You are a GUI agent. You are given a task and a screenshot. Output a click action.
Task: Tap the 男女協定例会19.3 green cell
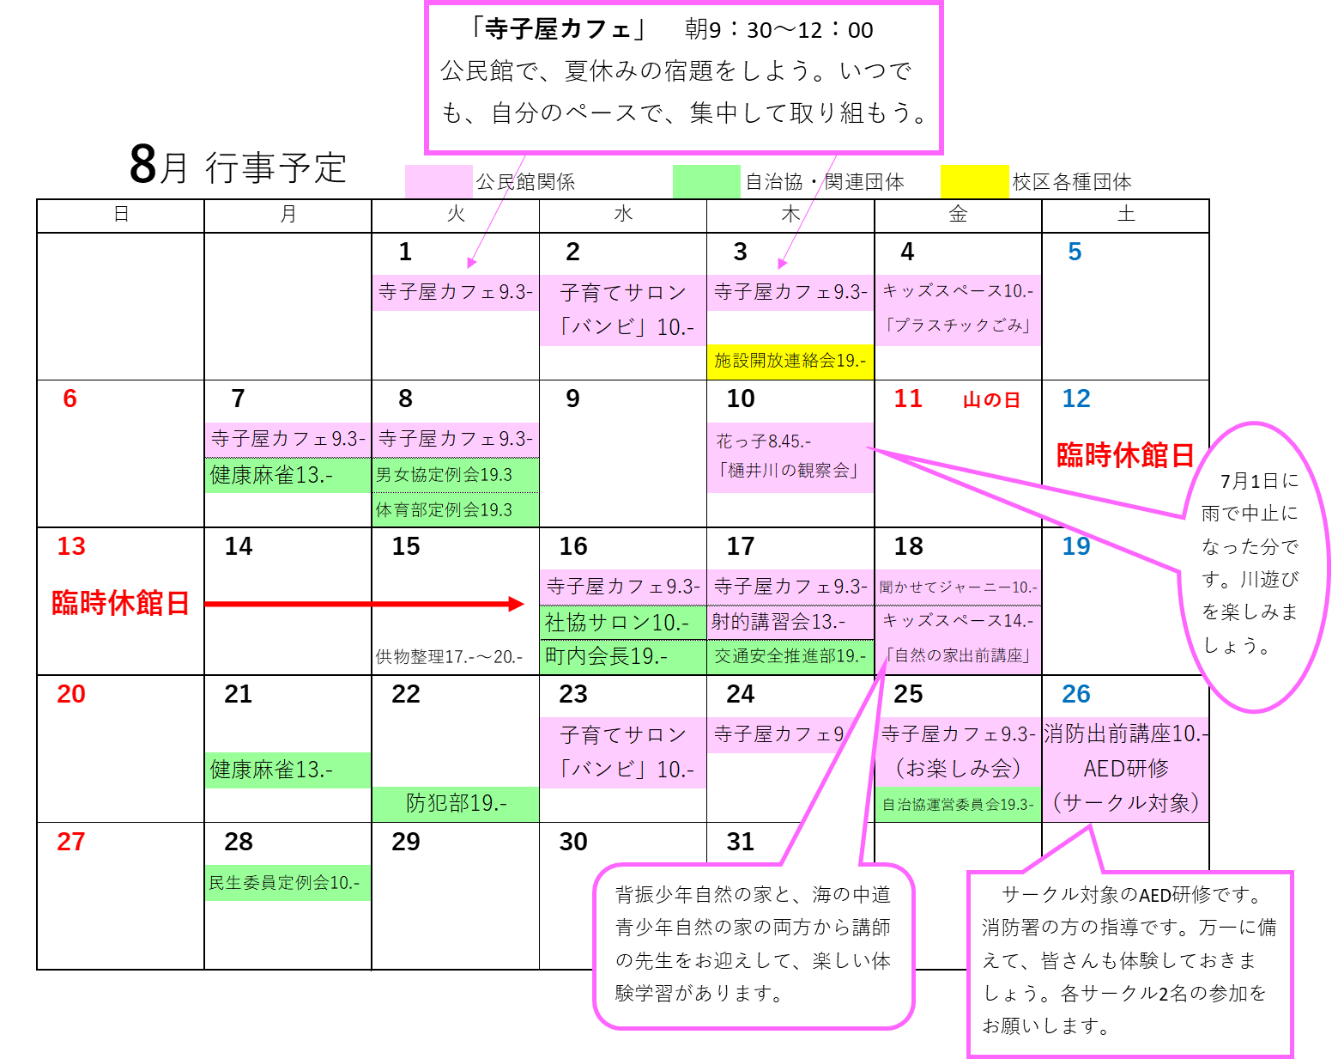click(455, 475)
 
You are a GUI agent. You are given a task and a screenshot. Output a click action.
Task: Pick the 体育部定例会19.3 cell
click(455, 509)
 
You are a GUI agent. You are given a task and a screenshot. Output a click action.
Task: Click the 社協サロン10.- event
click(622, 622)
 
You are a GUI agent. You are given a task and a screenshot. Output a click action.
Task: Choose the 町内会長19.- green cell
click(622, 656)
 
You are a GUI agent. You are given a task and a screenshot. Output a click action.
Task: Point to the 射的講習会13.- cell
click(790, 622)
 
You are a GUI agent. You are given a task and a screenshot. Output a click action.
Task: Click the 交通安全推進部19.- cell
click(790, 656)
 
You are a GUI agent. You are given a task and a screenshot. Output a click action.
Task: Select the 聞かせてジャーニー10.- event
click(958, 587)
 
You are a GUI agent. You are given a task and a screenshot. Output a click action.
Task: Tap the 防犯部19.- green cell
click(455, 804)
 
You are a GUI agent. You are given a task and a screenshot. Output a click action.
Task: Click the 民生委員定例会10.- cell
click(288, 883)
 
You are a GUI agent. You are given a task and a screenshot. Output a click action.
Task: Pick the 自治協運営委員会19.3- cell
click(958, 805)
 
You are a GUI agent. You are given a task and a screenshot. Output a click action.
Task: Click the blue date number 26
click(1075, 694)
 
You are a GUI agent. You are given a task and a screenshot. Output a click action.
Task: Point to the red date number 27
click(71, 842)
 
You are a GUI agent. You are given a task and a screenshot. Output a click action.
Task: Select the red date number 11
click(908, 399)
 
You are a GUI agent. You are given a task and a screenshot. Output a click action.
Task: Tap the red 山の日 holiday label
click(991, 400)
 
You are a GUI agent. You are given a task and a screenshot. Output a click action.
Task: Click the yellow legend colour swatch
click(974, 182)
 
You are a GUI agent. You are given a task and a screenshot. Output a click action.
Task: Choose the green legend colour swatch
click(706, 182)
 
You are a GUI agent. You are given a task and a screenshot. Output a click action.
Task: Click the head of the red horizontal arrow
click(518, 604)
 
